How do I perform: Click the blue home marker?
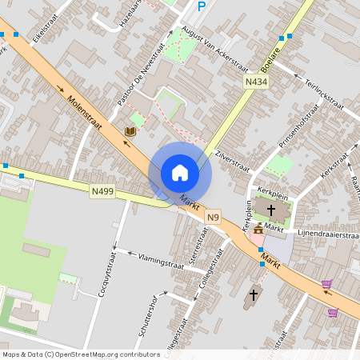coord(180,172)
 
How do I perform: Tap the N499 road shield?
coord(103,191)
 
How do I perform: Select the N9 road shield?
coord(212,217)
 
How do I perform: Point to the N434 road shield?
coord(256,82)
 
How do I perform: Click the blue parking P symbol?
coord(202,6)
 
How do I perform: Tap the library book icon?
coord(130,130)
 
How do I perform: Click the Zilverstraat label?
coord(233,159)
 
